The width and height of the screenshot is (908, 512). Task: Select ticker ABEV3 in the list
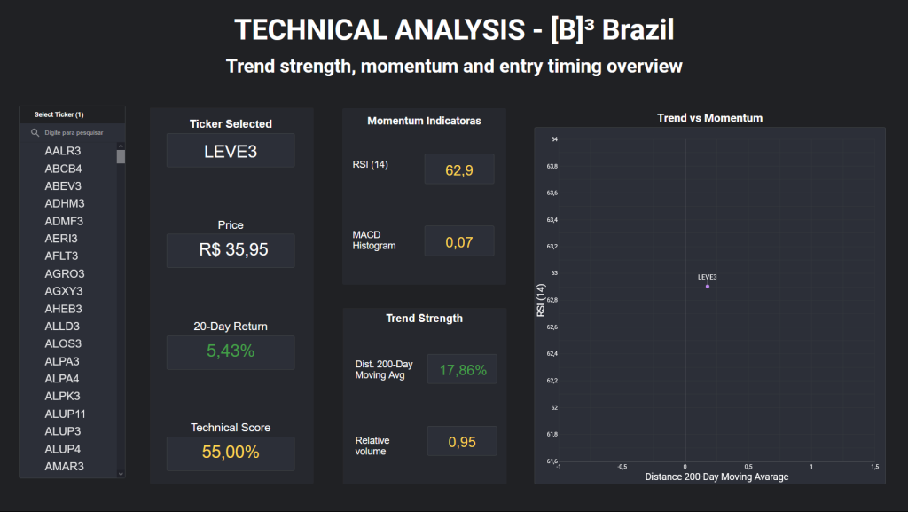tap(63, 186)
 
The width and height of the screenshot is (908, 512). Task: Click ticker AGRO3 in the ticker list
tap(63, 273)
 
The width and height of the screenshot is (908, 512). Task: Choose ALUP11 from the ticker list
tap(65, 414)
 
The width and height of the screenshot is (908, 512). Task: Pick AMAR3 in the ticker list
tap(64, 466)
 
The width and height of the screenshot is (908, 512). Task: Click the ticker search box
tap(75, 132)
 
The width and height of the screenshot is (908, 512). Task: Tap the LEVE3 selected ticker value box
tap(231, 151)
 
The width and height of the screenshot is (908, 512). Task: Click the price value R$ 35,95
tap(231, 250)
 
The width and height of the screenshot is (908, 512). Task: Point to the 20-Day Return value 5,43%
tap(231, 351)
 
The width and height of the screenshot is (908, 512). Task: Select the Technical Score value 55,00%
tap(231, 453)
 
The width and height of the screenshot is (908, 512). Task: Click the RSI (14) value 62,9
tap(459, 169)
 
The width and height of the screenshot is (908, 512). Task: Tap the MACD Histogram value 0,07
tap(459, 241)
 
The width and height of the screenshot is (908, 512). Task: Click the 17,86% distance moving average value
tap(462, 370)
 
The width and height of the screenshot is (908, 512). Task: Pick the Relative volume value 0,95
tap(462, 442)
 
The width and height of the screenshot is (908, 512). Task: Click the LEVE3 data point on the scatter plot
tap(708, 286)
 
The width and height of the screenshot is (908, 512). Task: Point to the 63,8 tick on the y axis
tap(552, 166)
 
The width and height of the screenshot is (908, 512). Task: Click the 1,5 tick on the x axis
tap(874, 467)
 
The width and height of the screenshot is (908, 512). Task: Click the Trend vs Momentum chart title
tap(709, 118)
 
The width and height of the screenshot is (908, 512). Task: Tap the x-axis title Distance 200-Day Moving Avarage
tap(716, 477)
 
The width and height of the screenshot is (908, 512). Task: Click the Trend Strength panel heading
tap(424, 319)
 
